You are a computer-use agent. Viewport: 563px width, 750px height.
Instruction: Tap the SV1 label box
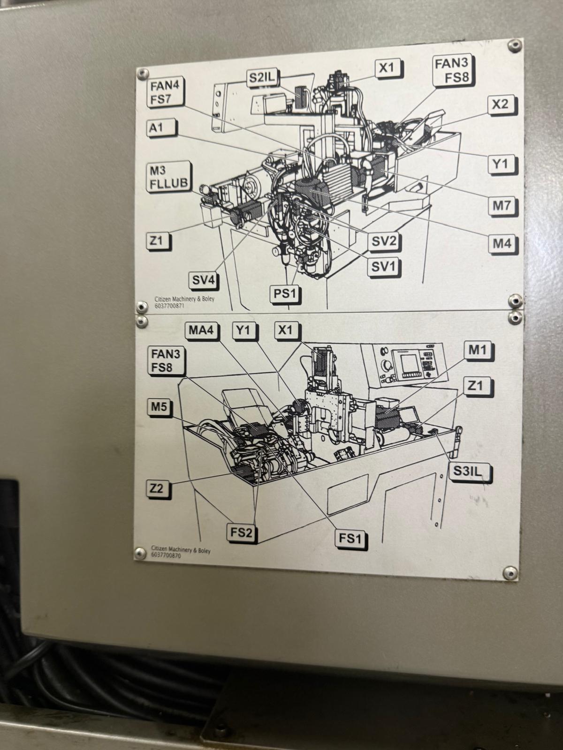point(384,266)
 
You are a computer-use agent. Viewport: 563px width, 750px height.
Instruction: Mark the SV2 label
point(384,242)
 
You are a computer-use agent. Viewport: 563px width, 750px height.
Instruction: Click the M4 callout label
point(502,243)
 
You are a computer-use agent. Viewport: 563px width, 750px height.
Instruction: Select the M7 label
point(502,205)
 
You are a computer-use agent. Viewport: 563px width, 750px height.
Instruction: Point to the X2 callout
point(500,105)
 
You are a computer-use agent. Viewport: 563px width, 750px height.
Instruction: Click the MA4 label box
point(201,330)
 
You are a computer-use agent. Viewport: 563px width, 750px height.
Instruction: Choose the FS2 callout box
point(241,532)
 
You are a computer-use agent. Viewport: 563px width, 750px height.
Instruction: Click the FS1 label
point(350,539)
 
